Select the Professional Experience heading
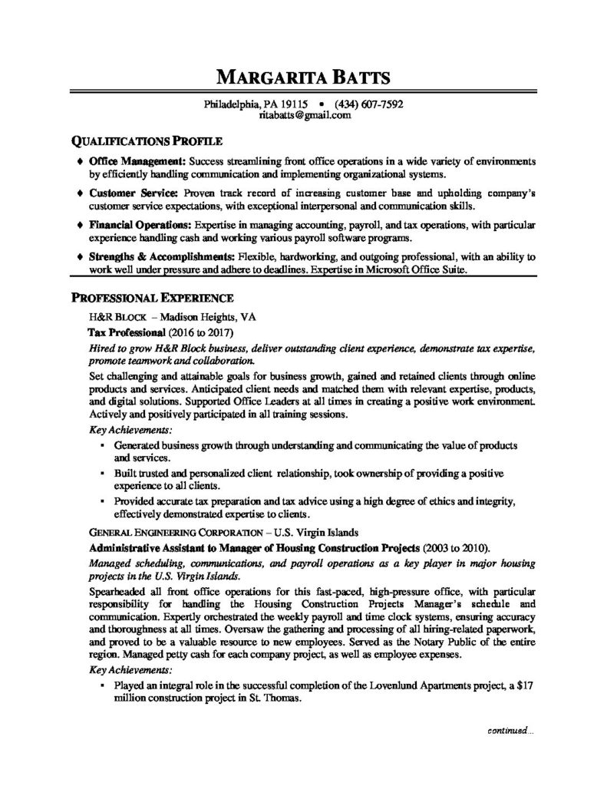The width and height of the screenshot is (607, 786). [153, 296]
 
